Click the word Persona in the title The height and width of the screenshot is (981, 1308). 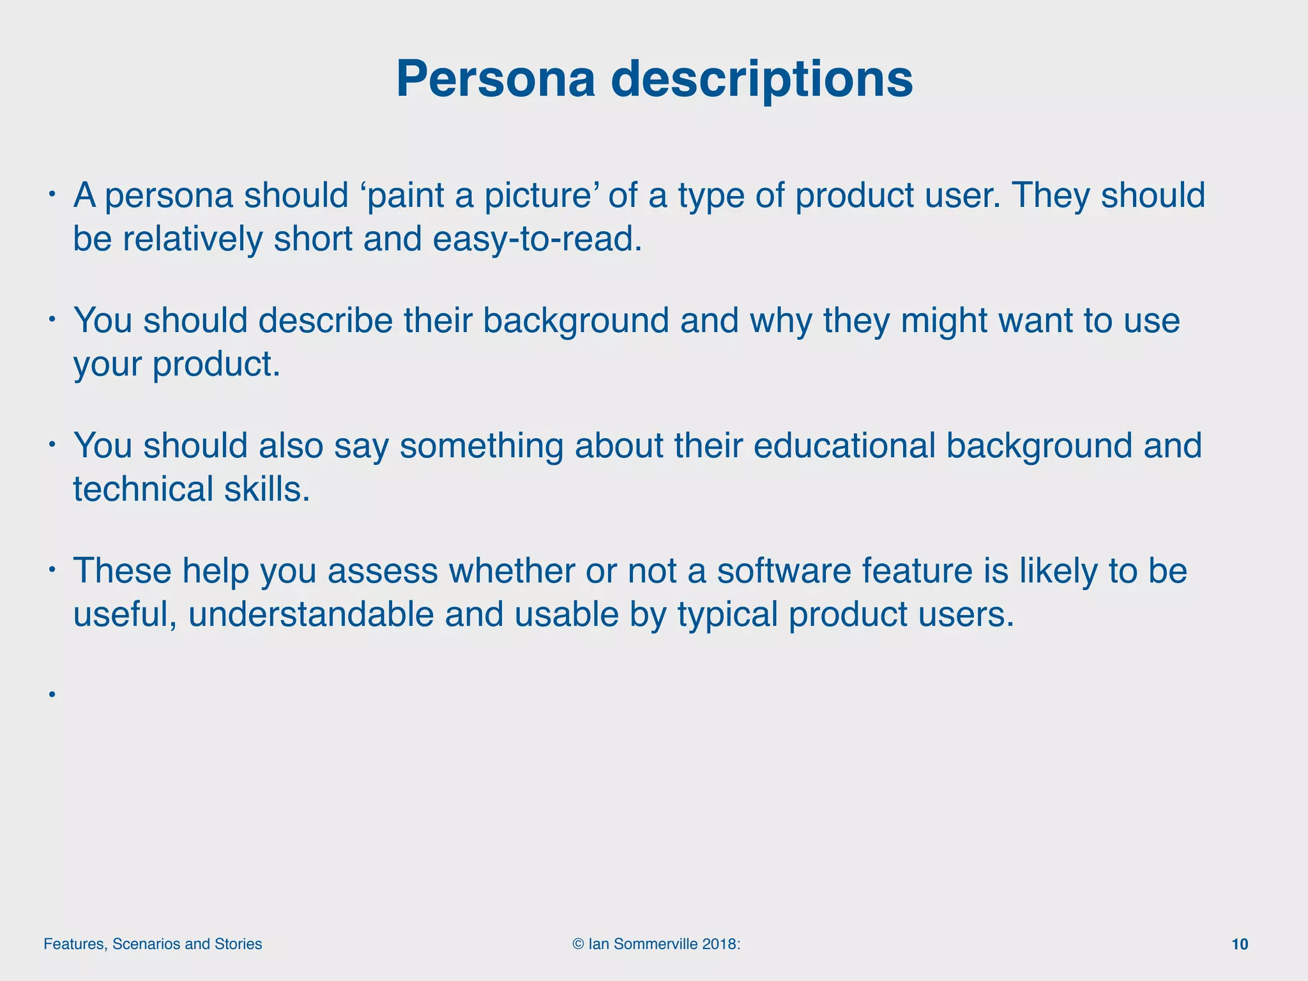pyautogui.click(x=495, y=79)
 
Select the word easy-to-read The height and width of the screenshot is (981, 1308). pyautogui.click(x=536, y=240)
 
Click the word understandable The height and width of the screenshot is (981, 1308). pyautogui.click(x=310, y=614)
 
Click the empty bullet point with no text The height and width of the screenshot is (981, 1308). pyautogui.click(x=51, y=694)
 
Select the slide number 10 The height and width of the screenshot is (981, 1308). pyautogui.click(x=1239, y=945)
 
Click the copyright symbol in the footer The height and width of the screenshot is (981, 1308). pyautogui.click(x=578, y=945)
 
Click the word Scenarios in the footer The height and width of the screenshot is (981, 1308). pyautogui.click(x=146, y=945)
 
